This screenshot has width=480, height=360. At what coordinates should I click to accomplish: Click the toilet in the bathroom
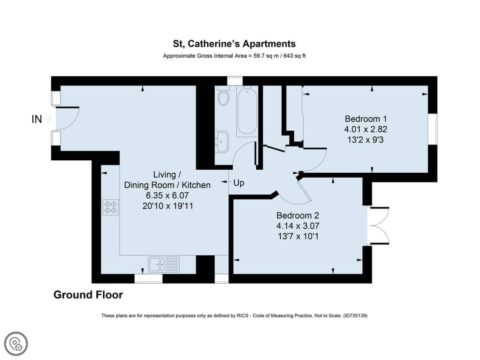pyautogui.click(x=224, y=96)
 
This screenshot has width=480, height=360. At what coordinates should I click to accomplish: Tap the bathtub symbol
pyautogui.click(x=247, y=111)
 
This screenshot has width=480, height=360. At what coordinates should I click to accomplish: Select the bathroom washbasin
pyautogui.click(x=222, y=141)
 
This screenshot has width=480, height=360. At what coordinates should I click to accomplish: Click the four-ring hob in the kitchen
pyautogui.click(x=111, y=207)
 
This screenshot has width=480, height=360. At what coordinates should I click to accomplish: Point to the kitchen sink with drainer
pyautogui.click(x=164, y=264)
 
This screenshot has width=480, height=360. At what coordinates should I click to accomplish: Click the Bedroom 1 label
pyautogui.click(x=366, y=119)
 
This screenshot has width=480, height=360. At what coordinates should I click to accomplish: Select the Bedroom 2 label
pyautogui.click(x=298, y=216)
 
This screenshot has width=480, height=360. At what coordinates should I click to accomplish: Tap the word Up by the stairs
pyautogui.click(x=238, y=183)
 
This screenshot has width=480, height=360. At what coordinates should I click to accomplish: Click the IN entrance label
pyautogui.click(x=37, y=119)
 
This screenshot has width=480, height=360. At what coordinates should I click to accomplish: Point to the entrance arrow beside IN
pyautogui.click(x=48, y=119)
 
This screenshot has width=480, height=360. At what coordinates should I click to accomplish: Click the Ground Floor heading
pyautogui.click(x=88, y=295)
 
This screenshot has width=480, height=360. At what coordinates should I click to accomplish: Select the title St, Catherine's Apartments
pyautogui.click(x=234, y=44)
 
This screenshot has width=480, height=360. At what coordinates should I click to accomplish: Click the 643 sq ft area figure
pyautogui.click(x=294, y=56)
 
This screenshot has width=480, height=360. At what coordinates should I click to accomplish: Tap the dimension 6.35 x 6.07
pyautogui.click(x=167, y=196)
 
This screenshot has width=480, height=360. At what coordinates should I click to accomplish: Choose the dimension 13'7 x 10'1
pyautogui.click(x=298, y=236)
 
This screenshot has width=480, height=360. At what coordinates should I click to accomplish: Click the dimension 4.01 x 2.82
pyautogui.click(x=366, y=129)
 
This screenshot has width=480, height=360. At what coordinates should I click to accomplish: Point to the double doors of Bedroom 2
pyautogui.click(x=379, y=225)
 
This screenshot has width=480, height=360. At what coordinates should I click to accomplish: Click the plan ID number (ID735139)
pyautogui.click(x=355, y=316)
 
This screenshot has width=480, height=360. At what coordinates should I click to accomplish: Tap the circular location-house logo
pyautogui.click(x=16, y=344)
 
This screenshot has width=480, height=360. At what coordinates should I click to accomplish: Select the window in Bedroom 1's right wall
pyautogui.click(x=432, y=129)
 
